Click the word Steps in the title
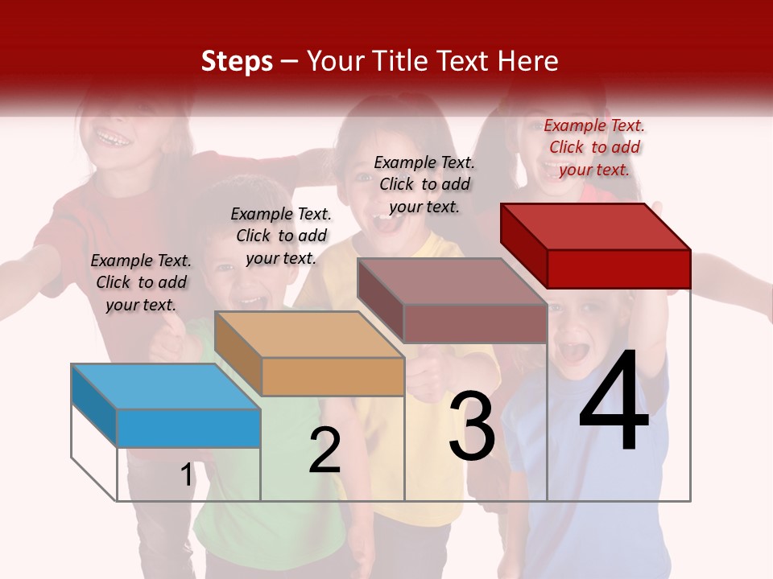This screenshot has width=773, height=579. pyautogui.click(x=237, y=62)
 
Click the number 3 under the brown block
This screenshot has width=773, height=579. pyautogui.click(x=472, y=426)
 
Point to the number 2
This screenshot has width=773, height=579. pyautogui.click(x=324, y=450)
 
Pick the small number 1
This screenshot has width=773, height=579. pyautogui.click(x=187, y=475)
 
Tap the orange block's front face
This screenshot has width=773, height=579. pyautogui.click(x=333, y=376)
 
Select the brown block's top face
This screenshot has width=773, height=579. pyautogui.click(x=451, y=281)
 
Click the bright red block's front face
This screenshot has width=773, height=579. pyautogui.click(x=618, y=268)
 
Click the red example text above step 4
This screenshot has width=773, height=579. pyautogui.click(x=594, y=147)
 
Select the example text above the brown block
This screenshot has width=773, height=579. pyautogui.click(x=424, y=184)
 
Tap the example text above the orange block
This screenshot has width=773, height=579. pyautogui.click(x=281, y=236)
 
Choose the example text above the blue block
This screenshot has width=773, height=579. pyautogui.click(x=141, y=282)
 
